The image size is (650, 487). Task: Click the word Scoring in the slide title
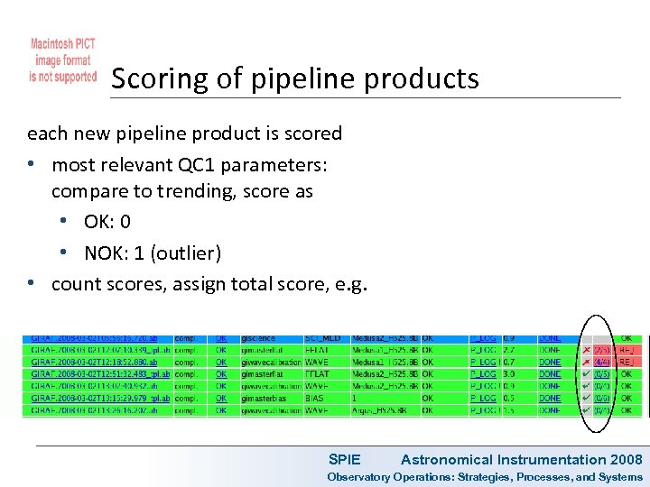[x=156, y=78]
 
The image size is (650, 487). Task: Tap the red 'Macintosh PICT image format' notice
[x=62, y=60]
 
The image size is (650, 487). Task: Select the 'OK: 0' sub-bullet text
[x=107, y=221]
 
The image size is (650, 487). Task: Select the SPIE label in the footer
[x=344, y=460]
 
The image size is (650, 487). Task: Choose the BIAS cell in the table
[x=316, y=398]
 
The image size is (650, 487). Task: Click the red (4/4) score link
[x=601, y=362]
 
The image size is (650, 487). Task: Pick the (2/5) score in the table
[x=601, y=350]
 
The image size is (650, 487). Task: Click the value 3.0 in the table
[x=509, y=373]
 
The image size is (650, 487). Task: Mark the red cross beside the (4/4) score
[x=587, y=362]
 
